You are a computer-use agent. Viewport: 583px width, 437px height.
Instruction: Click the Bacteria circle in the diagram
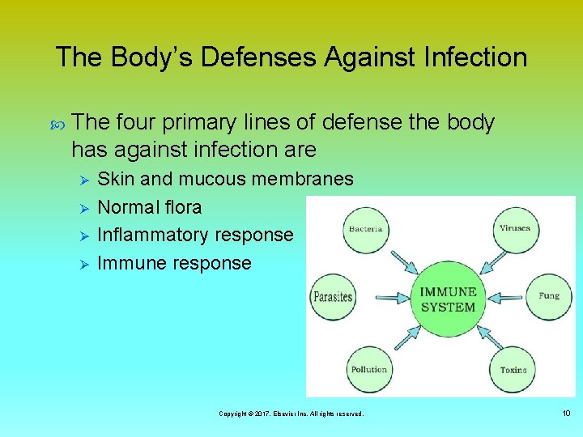(365, 229)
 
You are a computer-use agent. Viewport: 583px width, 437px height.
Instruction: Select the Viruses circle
(515, 229)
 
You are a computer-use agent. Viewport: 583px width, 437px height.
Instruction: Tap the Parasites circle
(333, 297)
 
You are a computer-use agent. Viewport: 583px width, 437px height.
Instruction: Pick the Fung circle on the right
(548, 296)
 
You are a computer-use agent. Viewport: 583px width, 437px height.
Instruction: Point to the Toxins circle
(513, 369)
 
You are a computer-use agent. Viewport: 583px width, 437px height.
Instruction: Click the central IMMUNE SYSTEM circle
(448, 299)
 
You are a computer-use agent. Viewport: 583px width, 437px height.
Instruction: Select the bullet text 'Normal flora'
(149, 207)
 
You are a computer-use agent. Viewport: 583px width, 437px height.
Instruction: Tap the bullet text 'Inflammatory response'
(195, 235)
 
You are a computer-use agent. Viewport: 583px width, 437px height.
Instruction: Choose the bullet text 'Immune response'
(174, 263)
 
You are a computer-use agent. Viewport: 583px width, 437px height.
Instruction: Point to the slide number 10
(565, 414)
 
